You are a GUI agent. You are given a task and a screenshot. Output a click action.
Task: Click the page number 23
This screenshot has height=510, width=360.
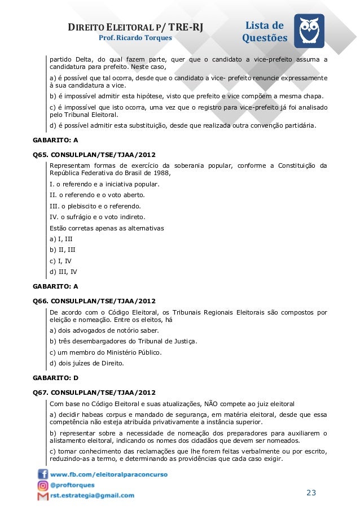coord(311,493)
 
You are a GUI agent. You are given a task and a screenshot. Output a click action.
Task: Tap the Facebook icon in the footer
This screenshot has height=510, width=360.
coord(43,474)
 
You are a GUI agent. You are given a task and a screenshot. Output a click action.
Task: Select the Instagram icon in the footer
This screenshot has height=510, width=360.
coord(43,485)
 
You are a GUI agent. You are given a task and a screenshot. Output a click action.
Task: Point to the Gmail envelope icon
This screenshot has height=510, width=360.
coord(43,496)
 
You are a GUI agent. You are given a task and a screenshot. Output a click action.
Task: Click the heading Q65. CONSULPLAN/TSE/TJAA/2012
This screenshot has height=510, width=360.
coord(95,154)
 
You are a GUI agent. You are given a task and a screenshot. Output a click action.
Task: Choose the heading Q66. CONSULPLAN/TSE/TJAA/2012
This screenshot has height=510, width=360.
coord(95,301)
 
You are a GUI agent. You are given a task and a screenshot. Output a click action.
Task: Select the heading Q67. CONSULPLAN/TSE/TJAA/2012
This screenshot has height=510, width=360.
coord(95,392)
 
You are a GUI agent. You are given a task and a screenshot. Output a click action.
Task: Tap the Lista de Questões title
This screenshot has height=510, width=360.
coord(265,32)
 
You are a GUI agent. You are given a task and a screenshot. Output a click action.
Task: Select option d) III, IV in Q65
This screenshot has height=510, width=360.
coord(64,272)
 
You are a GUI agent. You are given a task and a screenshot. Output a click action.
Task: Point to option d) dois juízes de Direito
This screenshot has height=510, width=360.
coord(87,363)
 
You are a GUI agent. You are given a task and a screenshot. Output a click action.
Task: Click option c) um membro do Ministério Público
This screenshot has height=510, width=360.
coord(106,352)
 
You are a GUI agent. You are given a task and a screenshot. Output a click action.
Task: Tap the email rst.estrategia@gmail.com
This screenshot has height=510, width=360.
coord(93,496)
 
